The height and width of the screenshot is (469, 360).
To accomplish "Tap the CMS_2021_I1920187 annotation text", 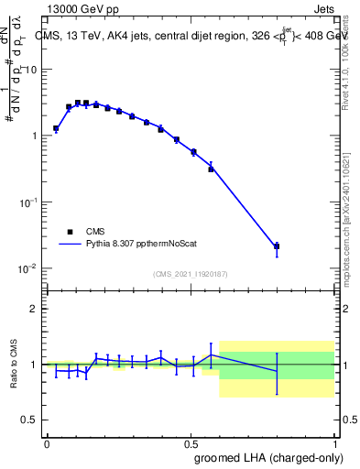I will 189,274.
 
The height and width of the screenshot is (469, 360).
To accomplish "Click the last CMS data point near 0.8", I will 277,245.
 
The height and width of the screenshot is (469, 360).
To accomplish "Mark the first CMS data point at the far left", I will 56,129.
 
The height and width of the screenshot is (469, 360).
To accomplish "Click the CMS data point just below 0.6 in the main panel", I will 211,169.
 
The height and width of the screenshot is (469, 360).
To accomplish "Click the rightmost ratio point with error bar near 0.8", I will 277,371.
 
